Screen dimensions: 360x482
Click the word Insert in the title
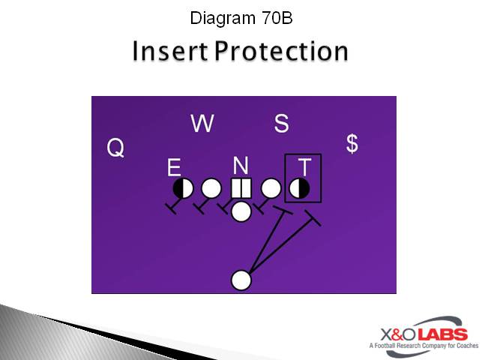pos(169,51)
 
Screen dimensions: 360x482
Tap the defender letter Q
pos(115,148)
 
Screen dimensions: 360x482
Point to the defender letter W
pos(202,124)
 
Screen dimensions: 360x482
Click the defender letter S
pos(281,124)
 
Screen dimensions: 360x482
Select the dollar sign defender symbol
pos(352,143)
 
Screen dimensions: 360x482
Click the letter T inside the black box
pos(304,166)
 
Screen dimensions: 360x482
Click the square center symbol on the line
pos(241,187)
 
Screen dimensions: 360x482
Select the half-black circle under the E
pos(183,187)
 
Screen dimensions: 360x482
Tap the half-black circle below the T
pos(300,187)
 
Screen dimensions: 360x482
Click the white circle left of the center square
pos(211,187)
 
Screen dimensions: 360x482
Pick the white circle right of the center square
pos(271,187)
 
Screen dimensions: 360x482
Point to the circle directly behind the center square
pos(241,211)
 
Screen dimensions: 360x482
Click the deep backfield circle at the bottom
pos(241,280)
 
